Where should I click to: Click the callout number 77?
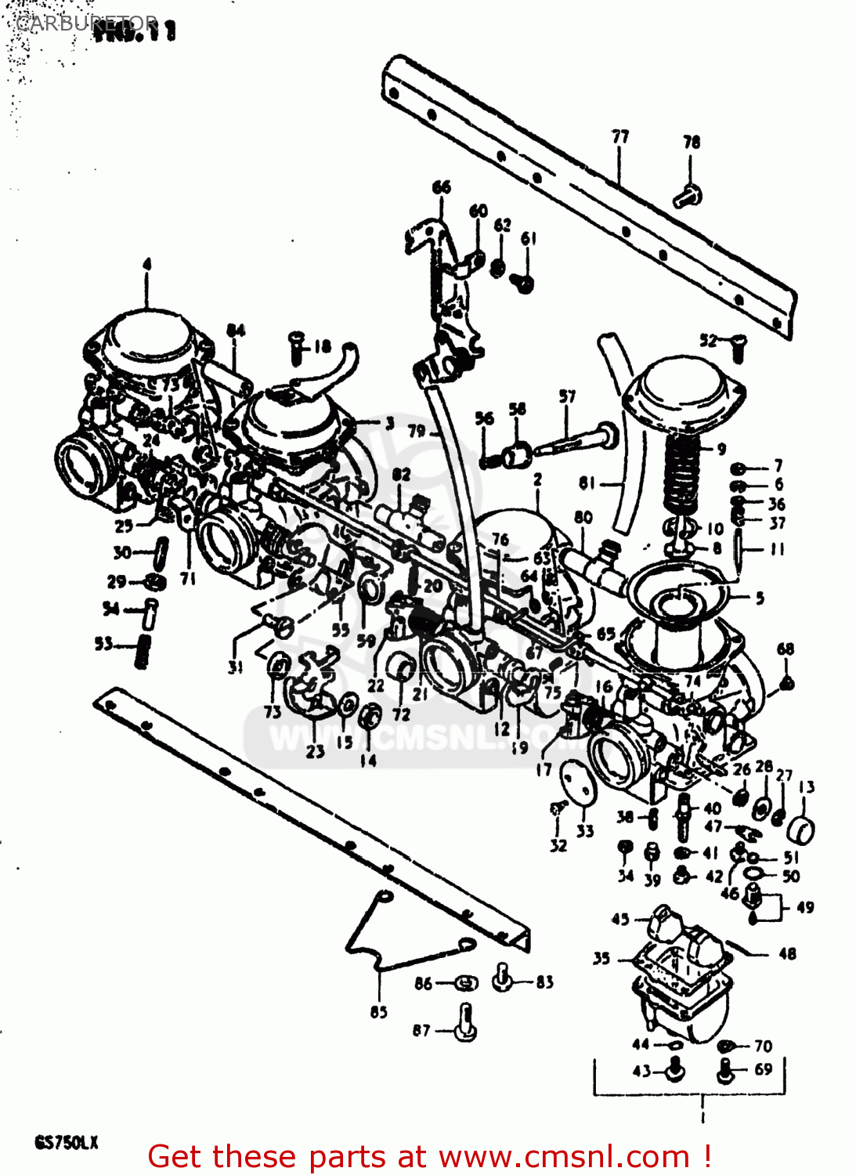point(620,137)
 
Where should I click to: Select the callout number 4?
point(146,265)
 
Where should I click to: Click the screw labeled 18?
point(296,347)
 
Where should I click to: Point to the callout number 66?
point(442,187)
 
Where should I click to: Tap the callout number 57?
point(567,397)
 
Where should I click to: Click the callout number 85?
point(378,1012)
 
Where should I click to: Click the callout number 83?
point(544,982)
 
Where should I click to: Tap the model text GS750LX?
point(66,1142)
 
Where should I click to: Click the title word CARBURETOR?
point(86,23)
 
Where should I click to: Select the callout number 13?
point(807,786)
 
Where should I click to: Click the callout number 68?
point(786,649)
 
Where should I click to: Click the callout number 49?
point(805,908)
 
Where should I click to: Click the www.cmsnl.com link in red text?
point(563,1156)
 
